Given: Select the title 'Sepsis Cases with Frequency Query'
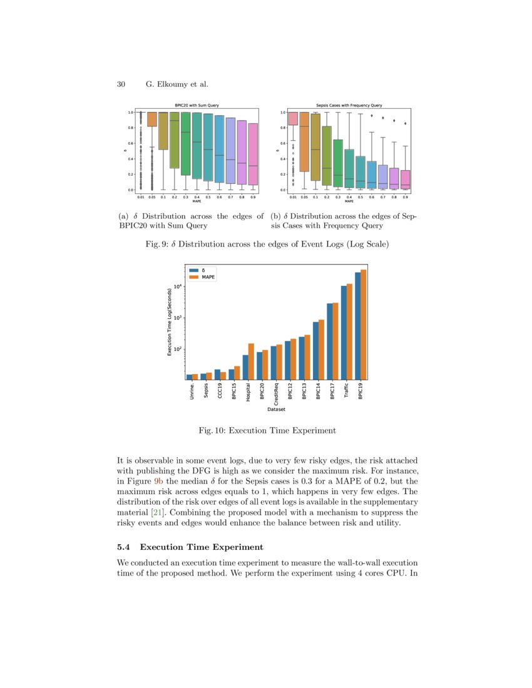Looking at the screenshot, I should pos(349,105).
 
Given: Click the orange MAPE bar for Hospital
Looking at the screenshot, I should pos(251,362).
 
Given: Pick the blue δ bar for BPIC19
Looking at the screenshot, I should pos(358,326).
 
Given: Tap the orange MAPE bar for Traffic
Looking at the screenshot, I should pos(349,331).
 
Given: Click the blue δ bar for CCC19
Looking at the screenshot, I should pos(217,374).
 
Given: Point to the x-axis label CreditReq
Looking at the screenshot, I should pos(276,395).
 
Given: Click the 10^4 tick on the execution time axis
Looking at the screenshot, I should pos(177,286).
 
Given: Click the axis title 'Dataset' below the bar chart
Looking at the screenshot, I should pos(276,410).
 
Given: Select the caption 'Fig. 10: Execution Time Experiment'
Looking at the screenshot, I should pos(267,430).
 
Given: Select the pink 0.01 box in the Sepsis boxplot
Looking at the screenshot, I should pos(292,119).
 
